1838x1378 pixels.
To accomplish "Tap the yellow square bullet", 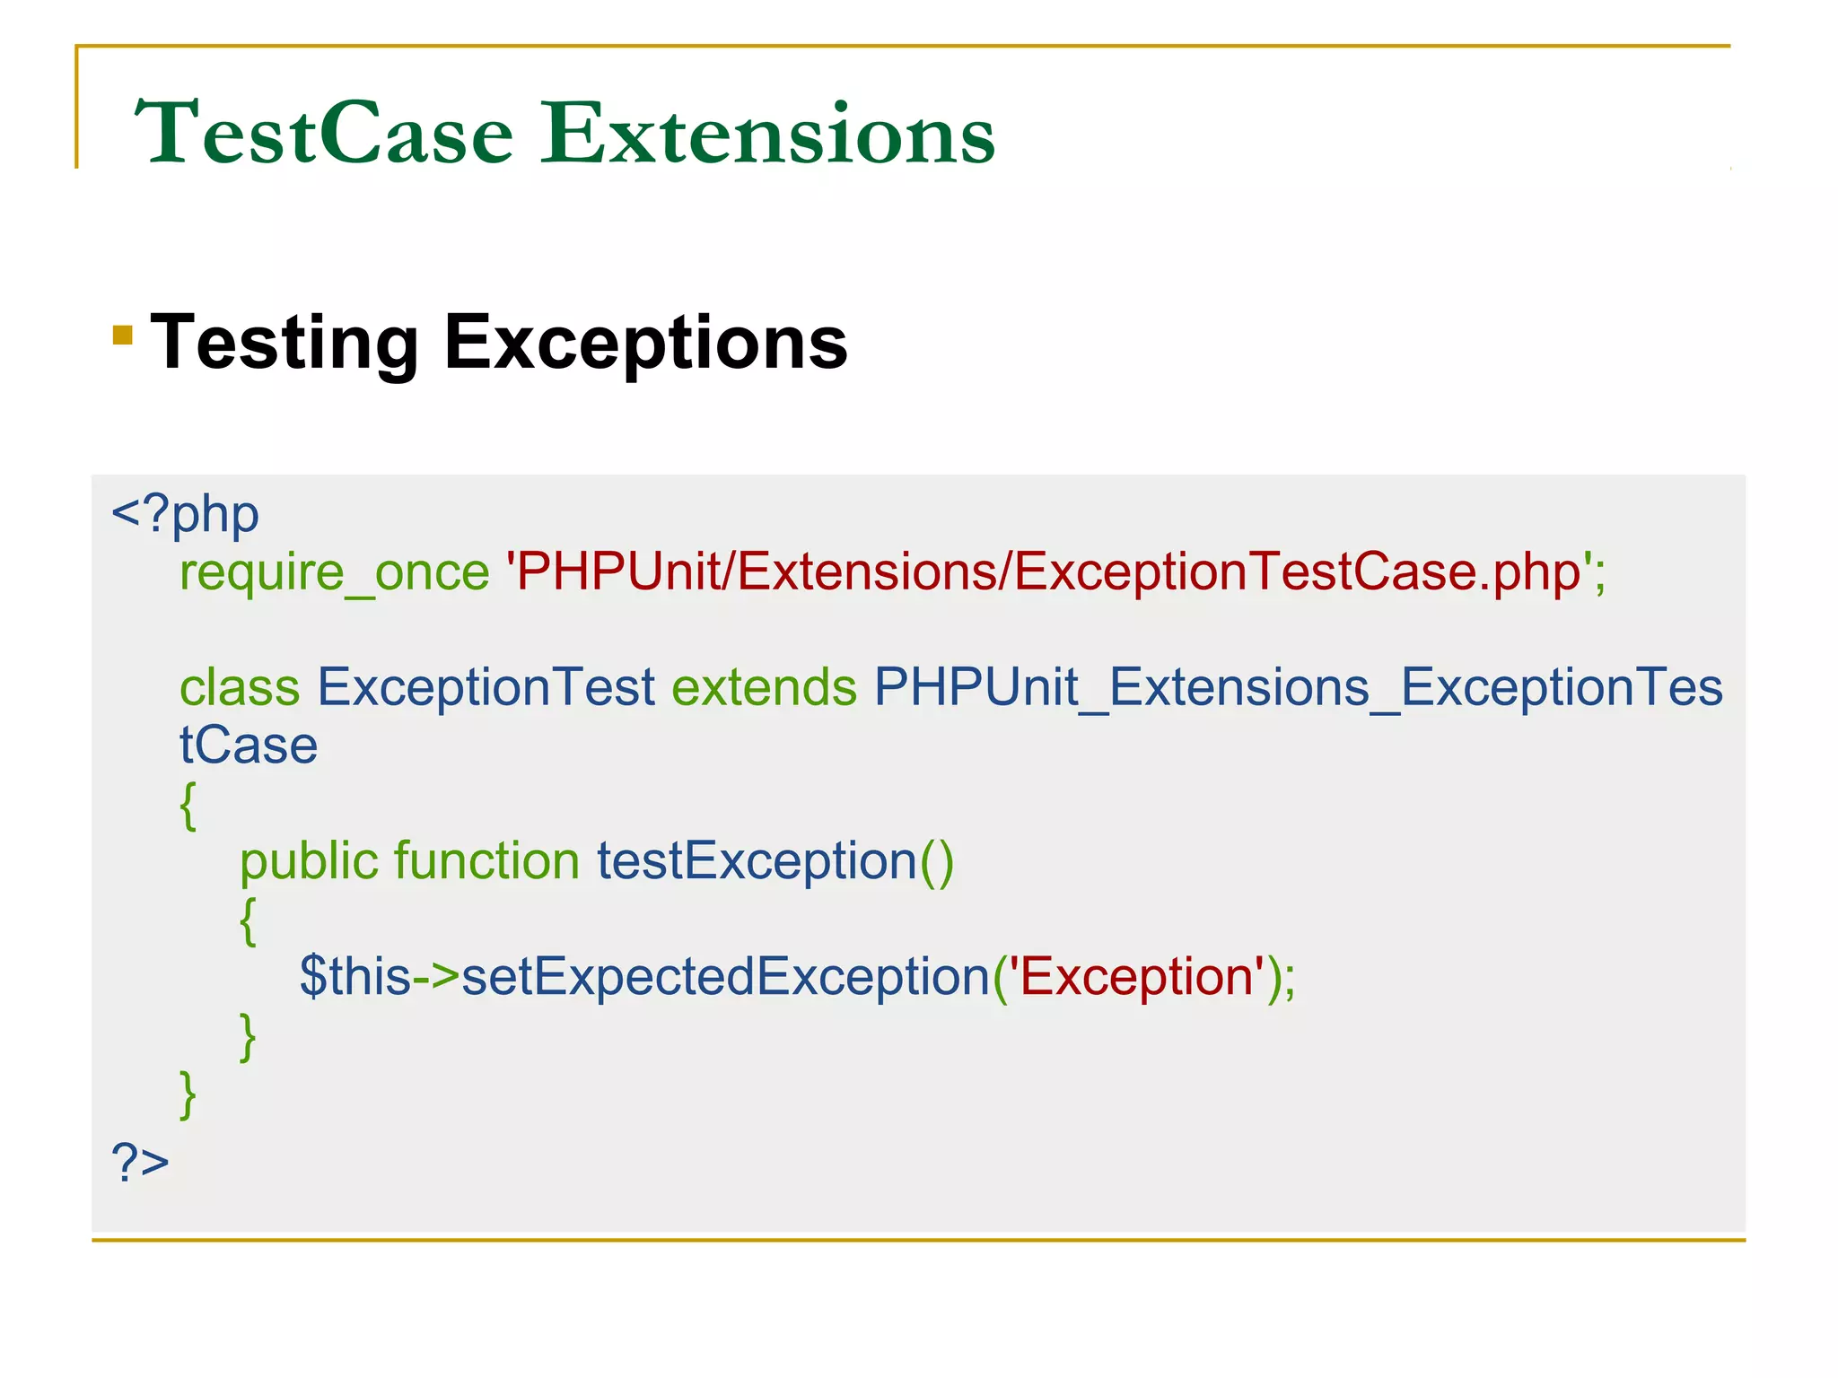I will click(123, 336).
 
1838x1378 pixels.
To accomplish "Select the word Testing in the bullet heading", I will click(284, 343).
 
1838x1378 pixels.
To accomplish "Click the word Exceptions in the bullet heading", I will click(645, 343).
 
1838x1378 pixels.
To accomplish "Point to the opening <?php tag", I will click(185, 515).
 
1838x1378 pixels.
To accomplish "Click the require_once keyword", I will click(334, 572).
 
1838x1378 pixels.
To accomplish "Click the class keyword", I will click(240, 687).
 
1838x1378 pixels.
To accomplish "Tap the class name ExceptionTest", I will click(486, 687).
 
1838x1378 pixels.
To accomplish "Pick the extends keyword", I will click(764, 687).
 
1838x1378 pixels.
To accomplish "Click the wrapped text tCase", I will click(249, 745).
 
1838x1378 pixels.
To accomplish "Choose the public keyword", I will click(309, 860).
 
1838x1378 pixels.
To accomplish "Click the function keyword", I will click(486, 860).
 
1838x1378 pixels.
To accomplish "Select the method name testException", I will click(757, 860).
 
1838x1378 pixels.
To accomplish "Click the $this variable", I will click(355, 976).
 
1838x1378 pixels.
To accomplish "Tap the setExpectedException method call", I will click(725, 976).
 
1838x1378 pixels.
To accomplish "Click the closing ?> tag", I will click(140, 1162).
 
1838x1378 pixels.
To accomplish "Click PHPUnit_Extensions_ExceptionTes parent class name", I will click(1298, 687).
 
